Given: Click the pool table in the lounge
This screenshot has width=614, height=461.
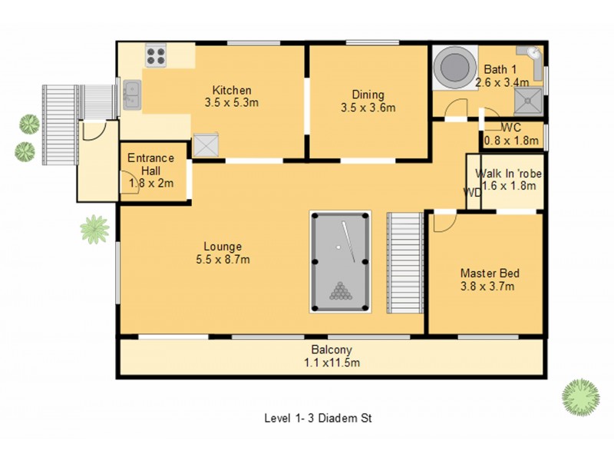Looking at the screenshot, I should click(x=341, y=261).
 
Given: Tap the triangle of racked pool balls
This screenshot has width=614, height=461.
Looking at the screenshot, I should click(x=339, y=291).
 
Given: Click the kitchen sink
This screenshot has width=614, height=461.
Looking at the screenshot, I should click(x=132, y=95).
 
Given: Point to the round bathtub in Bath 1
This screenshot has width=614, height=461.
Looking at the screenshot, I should click(x=452, y=68).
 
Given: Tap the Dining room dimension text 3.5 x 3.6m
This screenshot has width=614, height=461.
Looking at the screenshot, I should click(x=368, y=108).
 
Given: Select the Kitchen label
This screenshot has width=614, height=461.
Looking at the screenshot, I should click(x=232, y=90).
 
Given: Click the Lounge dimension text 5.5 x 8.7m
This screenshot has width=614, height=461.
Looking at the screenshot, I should click(x=222, y=260).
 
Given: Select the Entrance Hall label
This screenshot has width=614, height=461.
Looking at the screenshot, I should click(x=150, y=164).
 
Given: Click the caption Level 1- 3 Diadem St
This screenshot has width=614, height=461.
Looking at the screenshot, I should click(x=318, y=419).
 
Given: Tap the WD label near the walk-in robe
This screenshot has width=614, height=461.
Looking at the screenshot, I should click(x=471, y=192).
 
